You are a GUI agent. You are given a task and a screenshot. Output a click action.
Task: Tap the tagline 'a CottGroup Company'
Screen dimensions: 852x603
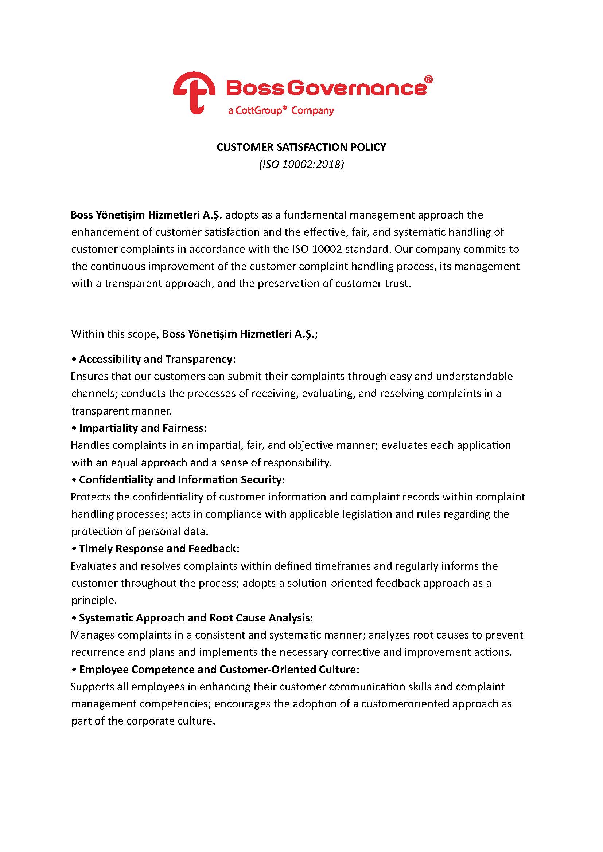point(281,111)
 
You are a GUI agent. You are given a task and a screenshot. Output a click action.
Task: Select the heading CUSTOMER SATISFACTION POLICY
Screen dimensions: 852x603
point(301,147)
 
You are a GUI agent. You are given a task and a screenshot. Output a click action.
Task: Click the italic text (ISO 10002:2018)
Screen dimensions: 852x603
point(301,164)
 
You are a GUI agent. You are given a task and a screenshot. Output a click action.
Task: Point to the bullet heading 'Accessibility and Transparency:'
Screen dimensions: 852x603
point(157,359)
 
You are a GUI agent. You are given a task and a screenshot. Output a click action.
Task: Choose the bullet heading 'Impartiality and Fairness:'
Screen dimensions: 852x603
point(143,428)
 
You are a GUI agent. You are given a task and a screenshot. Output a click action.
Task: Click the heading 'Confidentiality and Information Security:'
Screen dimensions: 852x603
point(182,479)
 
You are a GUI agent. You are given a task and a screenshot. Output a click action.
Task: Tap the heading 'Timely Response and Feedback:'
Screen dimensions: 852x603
point(159,549)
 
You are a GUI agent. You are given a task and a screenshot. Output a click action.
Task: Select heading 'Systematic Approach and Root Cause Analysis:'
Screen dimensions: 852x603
point(196,617)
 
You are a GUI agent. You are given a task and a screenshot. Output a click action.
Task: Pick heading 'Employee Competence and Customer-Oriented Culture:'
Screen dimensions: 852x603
point(219,670)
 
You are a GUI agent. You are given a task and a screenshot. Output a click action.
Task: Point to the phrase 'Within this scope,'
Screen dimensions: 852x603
point(115,334)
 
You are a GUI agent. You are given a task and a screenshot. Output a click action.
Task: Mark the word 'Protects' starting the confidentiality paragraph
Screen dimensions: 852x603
point(91,497)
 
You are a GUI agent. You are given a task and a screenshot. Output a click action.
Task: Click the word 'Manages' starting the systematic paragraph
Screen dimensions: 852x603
point(93,635)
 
